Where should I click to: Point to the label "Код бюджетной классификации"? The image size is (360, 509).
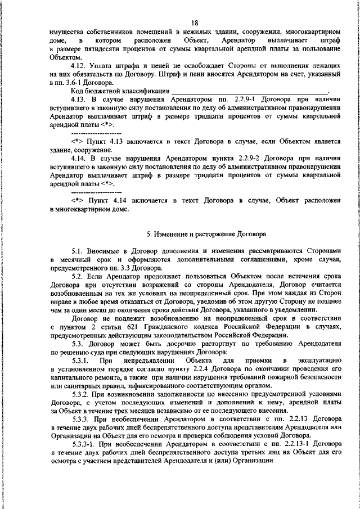pyautogui.click(x=119, y=91)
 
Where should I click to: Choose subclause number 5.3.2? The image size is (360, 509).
pyautogui.click(x=82, y=394)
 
